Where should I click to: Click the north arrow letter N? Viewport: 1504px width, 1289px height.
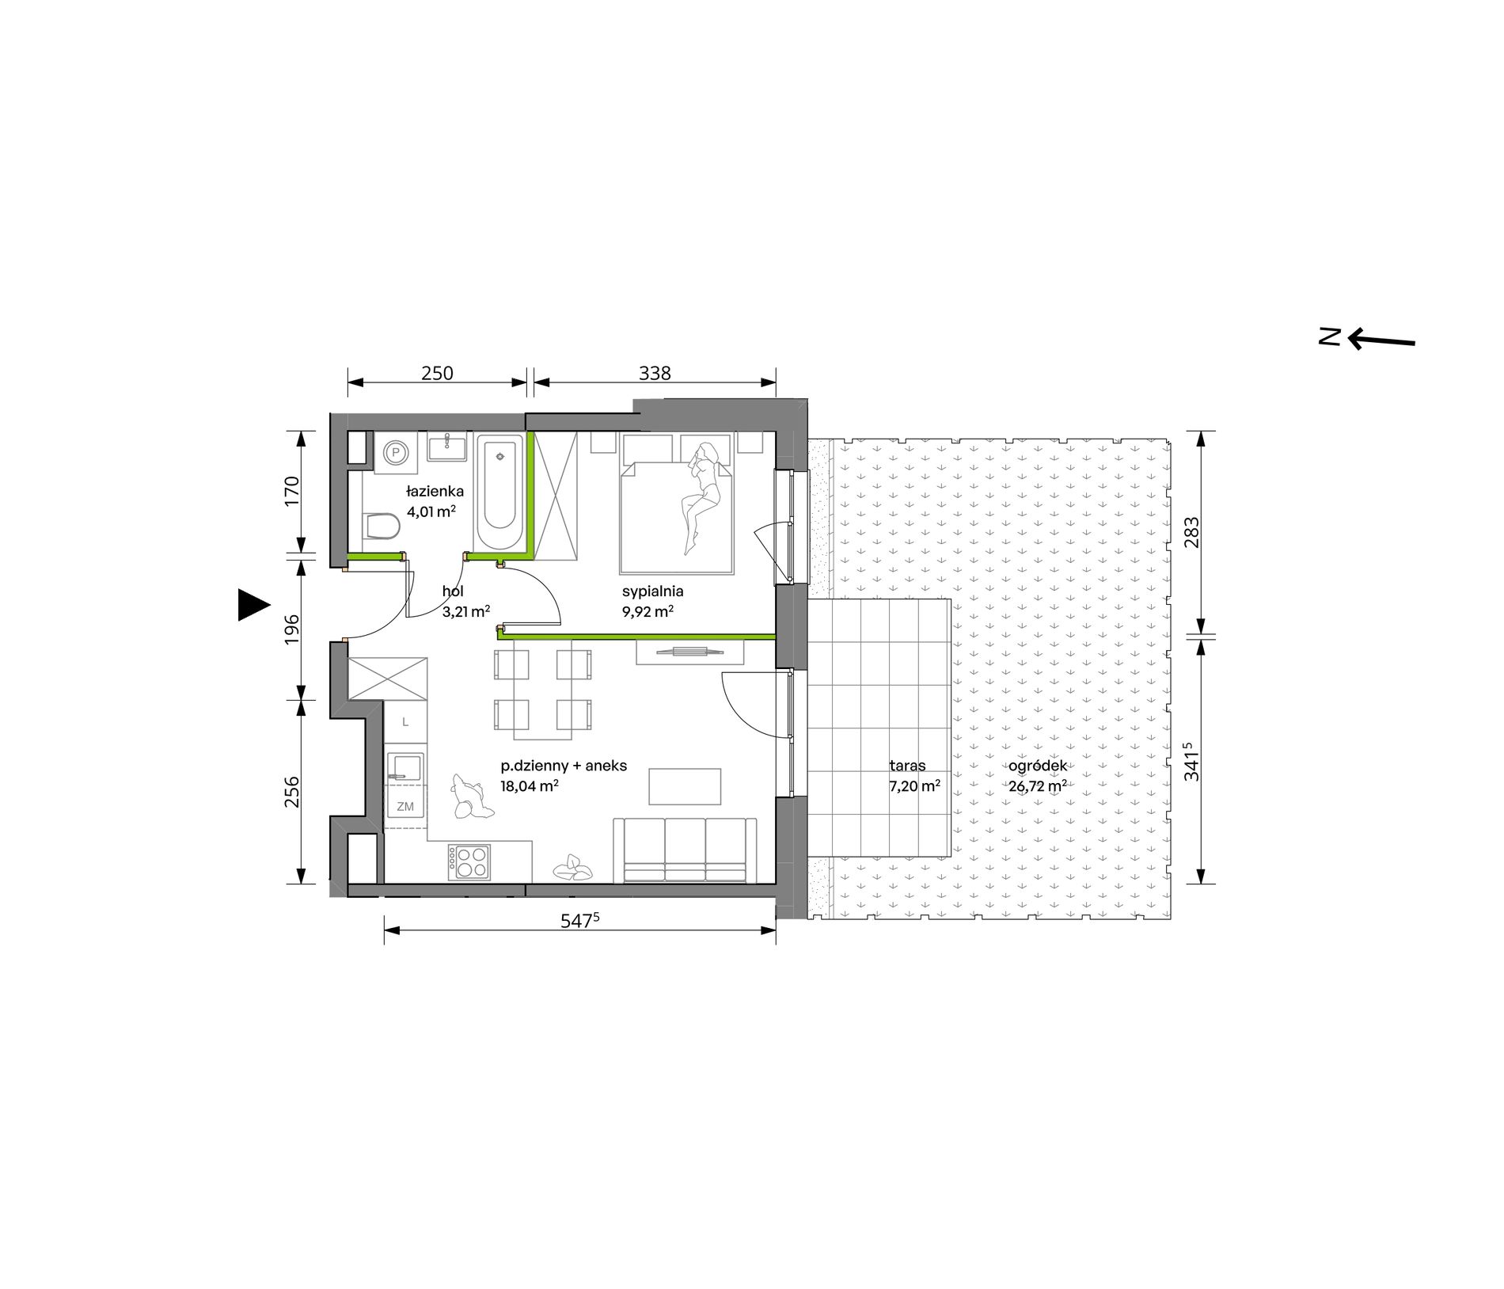click(x=1329, y=337)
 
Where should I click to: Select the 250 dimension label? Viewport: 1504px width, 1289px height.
click(x=437, y=373)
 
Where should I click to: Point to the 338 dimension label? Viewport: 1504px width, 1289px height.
click(x=655, y=373)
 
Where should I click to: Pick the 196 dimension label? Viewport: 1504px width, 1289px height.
click(x=292, y=629)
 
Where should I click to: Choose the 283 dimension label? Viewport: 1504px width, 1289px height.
click(x=1191, y=532)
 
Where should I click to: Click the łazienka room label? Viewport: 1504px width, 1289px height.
click(x=435, y=491)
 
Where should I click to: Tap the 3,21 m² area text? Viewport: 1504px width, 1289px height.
click(x=466, y=611)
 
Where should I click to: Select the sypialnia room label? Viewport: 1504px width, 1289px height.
click(x=653, y=591)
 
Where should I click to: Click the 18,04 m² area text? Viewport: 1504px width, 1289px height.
click(x=530, y=786)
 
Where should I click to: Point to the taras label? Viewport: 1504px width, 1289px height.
click(x=908, y=766)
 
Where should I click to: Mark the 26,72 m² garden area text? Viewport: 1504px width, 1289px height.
click(x=1038, y=786)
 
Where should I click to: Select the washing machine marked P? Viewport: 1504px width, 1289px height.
click(x=393, y=453)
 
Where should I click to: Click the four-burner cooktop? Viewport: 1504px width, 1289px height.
click(x=469, y=861)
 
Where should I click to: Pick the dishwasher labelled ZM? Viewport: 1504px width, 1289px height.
click(x=405, y=807)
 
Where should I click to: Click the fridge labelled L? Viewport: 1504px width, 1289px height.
click(x=405, y=722)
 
